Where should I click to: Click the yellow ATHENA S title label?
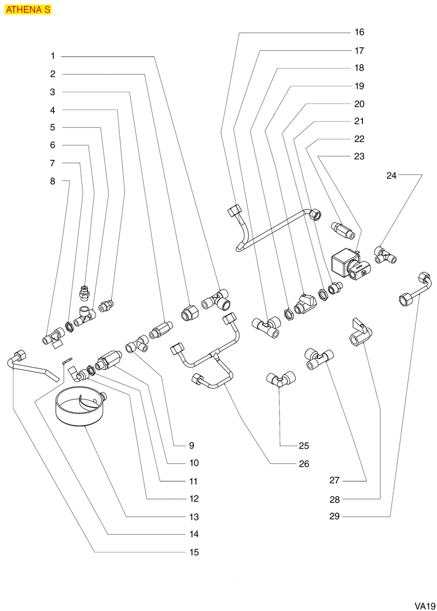point(28,10)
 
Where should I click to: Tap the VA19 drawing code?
point(424,605)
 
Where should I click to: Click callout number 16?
point(359,32)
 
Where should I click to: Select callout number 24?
point(391,176)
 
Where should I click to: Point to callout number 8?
point(52,181)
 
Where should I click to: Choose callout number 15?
point(194,552)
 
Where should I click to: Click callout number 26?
point(303,464)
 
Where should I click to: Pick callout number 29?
point(334,516)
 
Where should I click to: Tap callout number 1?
point(52,56)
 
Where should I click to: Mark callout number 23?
point(359,156)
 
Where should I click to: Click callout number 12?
point(194,498)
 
